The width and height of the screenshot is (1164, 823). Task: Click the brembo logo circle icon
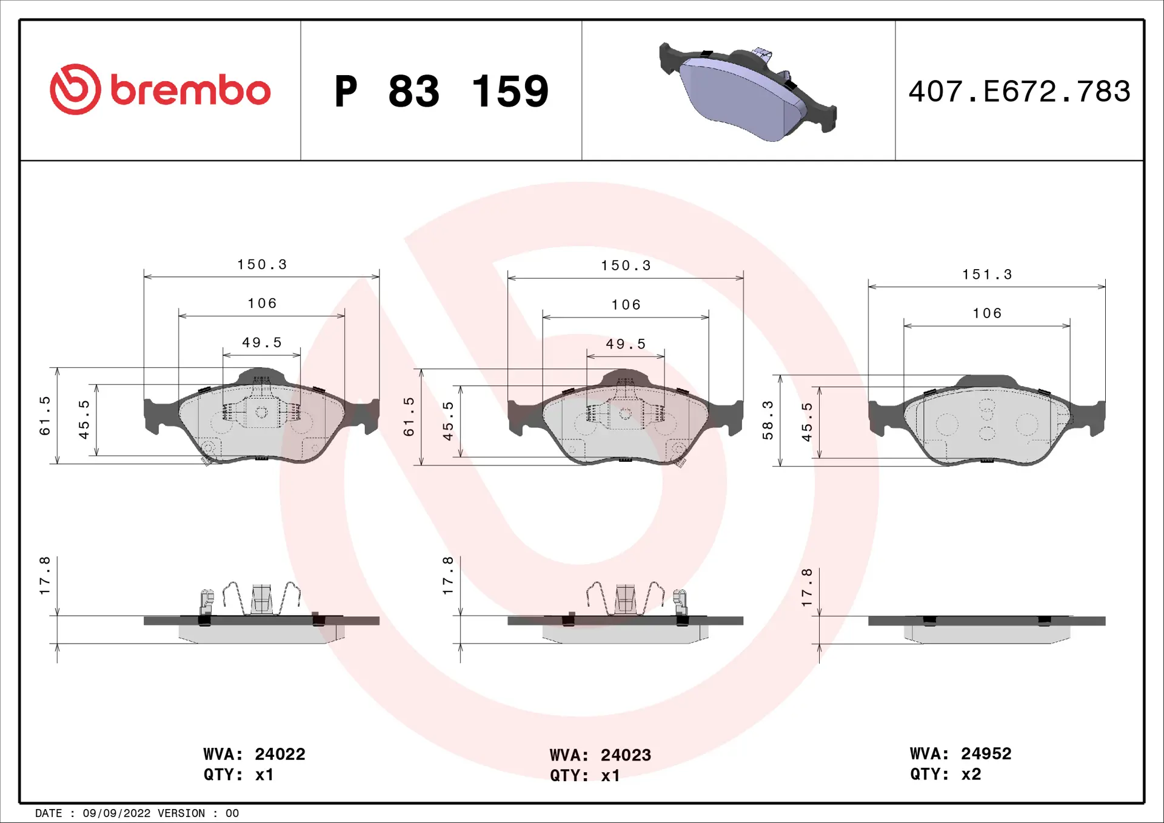(x=75, y=90)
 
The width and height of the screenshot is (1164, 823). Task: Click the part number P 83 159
(x=441, y=92)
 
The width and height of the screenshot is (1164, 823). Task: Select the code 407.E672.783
(x=1019, y=92)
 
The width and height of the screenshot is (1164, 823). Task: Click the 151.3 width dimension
(x=987, y=275)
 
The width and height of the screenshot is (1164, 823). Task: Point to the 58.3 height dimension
(x=768, y=420)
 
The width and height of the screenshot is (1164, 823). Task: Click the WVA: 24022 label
(x=254, y=754)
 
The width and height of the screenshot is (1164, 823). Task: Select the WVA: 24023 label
(x=600, y=755)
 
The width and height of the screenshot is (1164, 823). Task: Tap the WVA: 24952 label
(x=960, y=753)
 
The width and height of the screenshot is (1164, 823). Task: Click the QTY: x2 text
(x=945, y=774)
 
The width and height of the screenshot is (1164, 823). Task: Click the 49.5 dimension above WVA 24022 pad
(x=262, y=342)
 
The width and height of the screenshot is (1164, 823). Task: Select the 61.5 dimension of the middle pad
(x=409, y=416)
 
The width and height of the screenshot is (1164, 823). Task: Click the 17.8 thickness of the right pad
(x=806, y=587)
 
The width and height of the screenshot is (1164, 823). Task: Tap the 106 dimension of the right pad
(x=987, y=313)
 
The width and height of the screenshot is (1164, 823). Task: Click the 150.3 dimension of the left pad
(x=262, y=264)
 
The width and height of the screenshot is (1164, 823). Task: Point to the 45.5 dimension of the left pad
(x=84, y=419)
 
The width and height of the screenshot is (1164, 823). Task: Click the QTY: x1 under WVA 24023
(x=584, y=776)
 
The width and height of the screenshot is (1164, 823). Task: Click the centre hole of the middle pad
(x=625, y=415)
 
